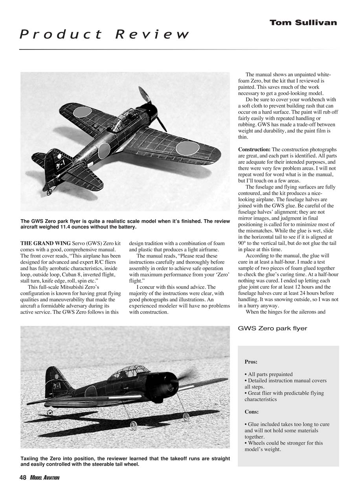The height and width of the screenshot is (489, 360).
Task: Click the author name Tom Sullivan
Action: pos(303,23)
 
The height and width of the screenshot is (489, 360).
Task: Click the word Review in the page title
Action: pos(152,35)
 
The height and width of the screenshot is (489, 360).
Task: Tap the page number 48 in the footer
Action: pos(23,478)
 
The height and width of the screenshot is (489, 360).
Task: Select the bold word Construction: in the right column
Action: pos(254,150)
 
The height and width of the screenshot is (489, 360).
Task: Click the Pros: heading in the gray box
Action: pos(251,362)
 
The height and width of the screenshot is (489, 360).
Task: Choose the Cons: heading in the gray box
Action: pos(252,412)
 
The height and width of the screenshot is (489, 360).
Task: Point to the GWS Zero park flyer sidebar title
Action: pos(272,328)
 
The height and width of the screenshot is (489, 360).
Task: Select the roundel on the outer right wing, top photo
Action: pos(187,148)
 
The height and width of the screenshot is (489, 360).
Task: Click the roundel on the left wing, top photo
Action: pos(82,112)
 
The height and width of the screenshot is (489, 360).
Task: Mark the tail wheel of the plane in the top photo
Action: pos(50,192)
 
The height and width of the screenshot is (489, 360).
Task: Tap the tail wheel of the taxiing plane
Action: pos(50,413)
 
